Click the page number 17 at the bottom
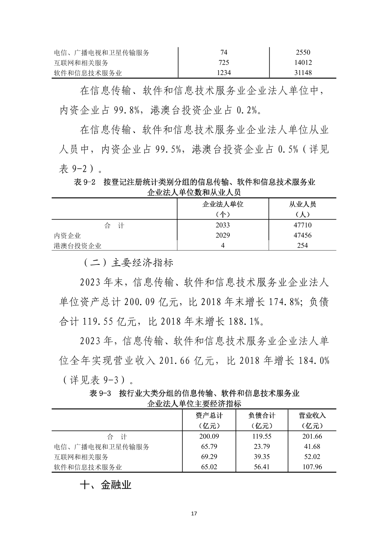(194, 514)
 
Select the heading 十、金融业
(106, 485)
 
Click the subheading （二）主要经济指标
(127, 263)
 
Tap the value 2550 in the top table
(303, 52)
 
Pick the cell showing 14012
(303, 63)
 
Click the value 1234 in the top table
(224, 73)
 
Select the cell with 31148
(303, 73)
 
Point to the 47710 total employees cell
(303, 225)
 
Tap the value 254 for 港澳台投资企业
(303, 246)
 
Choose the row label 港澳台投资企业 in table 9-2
(78, 246)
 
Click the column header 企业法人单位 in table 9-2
(223, 205)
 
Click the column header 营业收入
(312, 415)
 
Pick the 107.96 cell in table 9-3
(312, 467)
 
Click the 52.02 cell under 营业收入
(312, 457)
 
